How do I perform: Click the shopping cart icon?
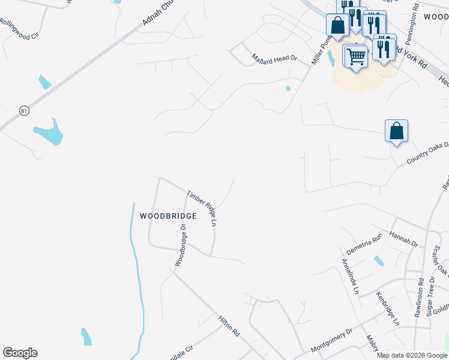(x=355, y=57)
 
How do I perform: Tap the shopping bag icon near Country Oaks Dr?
(x=396, y=131)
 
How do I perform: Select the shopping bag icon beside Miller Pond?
(x=338, y=25)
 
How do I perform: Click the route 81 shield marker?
(x=24, y=110)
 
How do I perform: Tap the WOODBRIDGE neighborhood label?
(x=168, y=216)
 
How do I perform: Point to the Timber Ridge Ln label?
(x=202, y=208)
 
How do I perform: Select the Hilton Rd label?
(x=229, y=326)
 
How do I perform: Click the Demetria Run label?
(x=364, y=245)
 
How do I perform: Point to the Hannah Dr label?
(x=404, y=239)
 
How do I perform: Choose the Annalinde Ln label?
(x=351, y=276)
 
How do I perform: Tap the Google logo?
(x=20, y=353)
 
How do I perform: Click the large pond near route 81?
(x=49, y=133)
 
